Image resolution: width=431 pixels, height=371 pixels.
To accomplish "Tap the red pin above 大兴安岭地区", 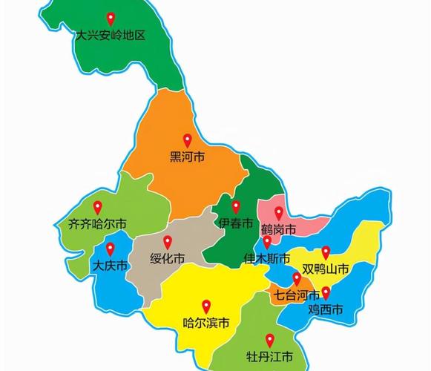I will [x=111, y=19].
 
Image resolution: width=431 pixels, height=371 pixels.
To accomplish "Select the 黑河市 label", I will [x=188, y=157].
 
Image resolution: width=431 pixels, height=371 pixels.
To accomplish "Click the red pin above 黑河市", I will [x=188, y=139].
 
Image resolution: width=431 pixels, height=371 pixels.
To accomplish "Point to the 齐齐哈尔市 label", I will [x=97, y=223].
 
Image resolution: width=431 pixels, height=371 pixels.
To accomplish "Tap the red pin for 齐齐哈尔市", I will [x=97, y=208].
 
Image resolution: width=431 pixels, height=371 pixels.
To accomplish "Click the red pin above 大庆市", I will [x=111, y=249].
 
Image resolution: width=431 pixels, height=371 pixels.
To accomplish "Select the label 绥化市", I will [x=168, y=258].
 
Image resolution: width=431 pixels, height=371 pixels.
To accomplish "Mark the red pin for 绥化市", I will [x=168, y=242].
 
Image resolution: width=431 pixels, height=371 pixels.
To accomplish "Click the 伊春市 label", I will [x=236, y=223].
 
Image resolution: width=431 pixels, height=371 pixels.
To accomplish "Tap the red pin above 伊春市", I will [x=236, y=207].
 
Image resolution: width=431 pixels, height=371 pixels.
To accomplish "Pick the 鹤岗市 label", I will [x=279, y=229].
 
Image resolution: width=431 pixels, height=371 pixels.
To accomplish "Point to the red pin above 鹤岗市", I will [x=279, y=213].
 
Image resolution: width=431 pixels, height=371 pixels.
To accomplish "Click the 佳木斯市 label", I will [x=267, y=259].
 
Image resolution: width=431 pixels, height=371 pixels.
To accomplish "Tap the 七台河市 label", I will [x=297, y=295].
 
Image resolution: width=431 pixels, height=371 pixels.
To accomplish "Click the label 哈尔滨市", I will [x=206, y=323].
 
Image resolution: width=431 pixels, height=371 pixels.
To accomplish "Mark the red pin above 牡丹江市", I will [x=269, y=338].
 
